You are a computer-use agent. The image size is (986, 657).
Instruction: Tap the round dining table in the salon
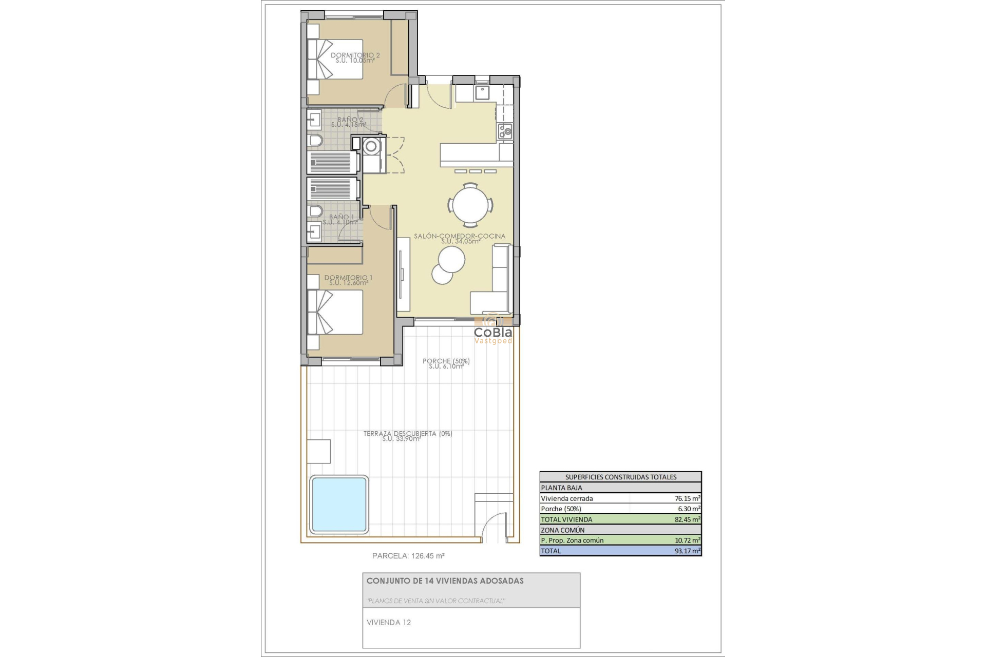click(x=470, y=205)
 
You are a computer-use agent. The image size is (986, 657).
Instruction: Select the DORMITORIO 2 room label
click(x=355, y=55)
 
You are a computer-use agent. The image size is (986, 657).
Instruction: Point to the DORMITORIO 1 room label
click(x=349, y=278)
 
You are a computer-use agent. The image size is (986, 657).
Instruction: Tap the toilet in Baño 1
click(x=315, y=211)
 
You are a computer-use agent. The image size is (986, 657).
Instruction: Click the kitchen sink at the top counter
click(x=482, y=92)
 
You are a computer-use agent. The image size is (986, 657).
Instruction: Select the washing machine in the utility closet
click(x=370, y=147)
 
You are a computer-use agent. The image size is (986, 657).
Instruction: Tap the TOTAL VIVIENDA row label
click(x=566, y=519)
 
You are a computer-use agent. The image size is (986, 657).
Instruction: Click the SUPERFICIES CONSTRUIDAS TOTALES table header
click(x=620, y=477)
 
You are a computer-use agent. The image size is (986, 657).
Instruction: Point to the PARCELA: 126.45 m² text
click(x=408, y=555)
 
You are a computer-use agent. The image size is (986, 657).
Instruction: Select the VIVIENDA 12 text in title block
click(x=389, y=623)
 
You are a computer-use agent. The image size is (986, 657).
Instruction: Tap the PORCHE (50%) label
click(x=446, y=361)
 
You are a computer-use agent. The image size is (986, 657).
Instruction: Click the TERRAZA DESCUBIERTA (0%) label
click(x=408, y=433)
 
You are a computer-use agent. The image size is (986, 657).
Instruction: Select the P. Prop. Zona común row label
click(x=572, y=540)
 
